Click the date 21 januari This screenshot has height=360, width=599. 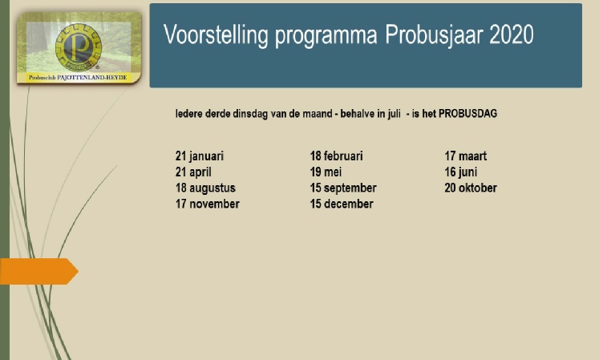click(x=200, y=156)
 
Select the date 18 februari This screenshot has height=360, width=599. click(x=336, y=156)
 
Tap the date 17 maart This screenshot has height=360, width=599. click(x=466, y=156)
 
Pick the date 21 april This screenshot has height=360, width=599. click(x=193, y=172)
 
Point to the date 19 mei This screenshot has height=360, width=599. click(x=326, y=172)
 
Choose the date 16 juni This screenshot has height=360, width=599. click(x=461, y=172)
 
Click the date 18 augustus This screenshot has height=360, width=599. click(x=205, y=188)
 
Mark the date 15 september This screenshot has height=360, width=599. click(x=343, y=188)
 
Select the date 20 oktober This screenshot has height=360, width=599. click(x=471, y=188)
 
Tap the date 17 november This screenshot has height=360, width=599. click(x=208, y=204)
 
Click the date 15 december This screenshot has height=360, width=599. click(x=342, y=204)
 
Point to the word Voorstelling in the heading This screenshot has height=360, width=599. click(x=217, y=35)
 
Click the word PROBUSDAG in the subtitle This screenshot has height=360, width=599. click(x=468, y=114)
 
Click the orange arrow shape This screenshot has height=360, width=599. click(x=39, y=271)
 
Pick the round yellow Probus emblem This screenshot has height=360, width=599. click(x=79, y=47)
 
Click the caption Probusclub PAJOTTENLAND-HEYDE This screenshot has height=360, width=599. click(x=78, y=78)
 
